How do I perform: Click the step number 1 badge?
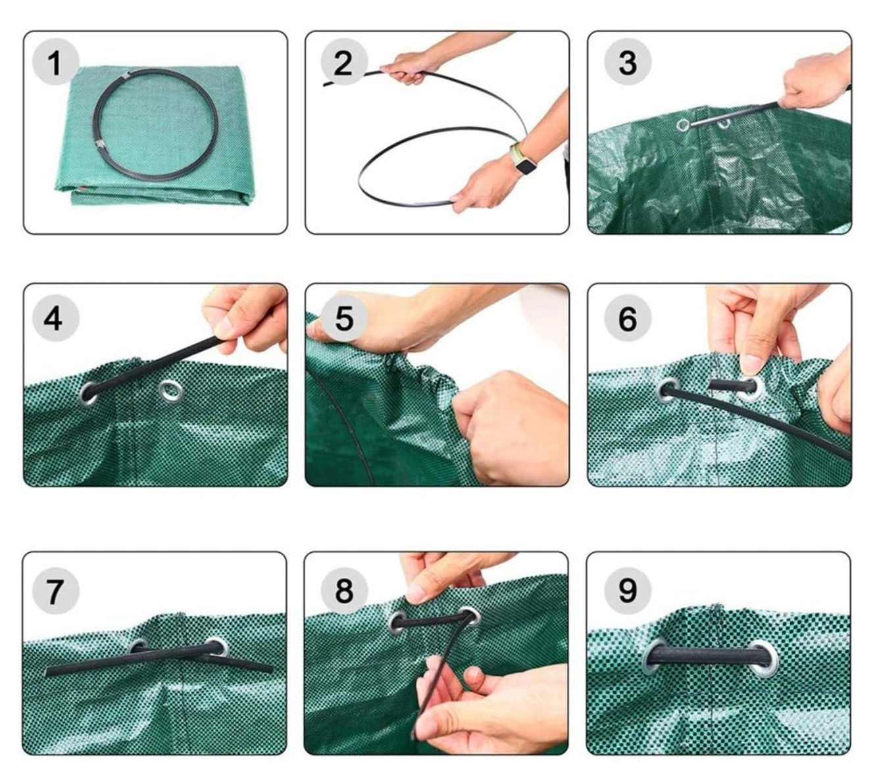[x=55, y=62]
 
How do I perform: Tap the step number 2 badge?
[x=344, y=62]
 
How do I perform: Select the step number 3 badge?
[x=628, y=62]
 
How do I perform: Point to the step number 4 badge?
[x=55, y=319]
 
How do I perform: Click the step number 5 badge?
[x=344, y=319]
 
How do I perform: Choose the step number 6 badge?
[x=628, y=319]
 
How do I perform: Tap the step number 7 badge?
[x=55, y=590]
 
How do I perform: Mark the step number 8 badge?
[x=344, y=590]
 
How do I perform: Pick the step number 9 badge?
[x=628, y=590]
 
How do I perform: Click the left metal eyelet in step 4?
[x=89, y=392]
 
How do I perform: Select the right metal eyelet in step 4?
[x=170, y=390]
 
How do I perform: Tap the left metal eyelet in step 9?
[x=654, y=655]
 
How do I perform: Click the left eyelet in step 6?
[x=668, y=389]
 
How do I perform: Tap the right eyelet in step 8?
[x=470, y=617]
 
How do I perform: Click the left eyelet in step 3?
[x=683, y=126]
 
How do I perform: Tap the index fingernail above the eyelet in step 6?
[x=751, y=364]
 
